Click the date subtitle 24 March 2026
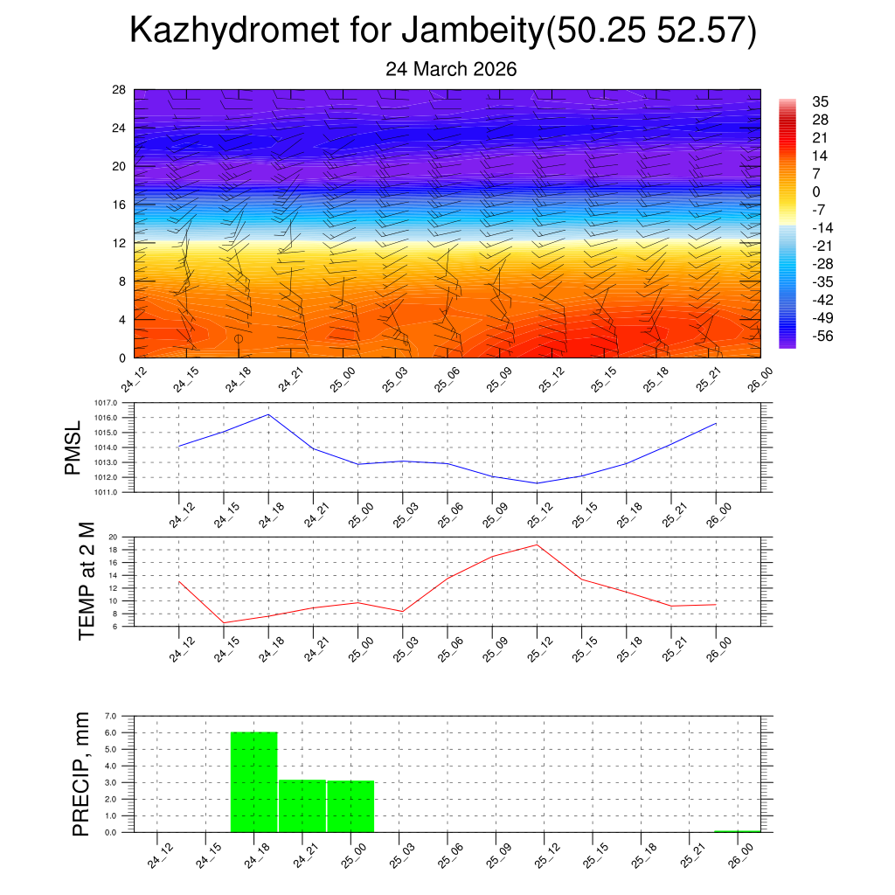pyautogui.click(x=451, y=69)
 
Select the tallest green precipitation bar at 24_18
pyautogui.click(x=253, y=782)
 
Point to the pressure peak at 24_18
pyautogui.click(x=268, y=414)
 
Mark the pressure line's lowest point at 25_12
pyautogui.click(x=537, y=483)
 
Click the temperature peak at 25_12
pyautogui.click(x=537, y=545)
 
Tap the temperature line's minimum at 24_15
pyautogui.click(x=224, y=623)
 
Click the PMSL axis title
pyautogui.click(x=74, y=447)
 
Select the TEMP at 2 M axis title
pyautogui.click(x=87, y=580)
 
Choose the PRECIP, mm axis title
pyautogui.click(x=81, y=774)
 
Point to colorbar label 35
pyautogui.click(x=820, y=101)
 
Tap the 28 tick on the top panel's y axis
pyautogui.click(x=118, y=90)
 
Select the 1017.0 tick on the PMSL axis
pyautogui.click(x=115, y=403)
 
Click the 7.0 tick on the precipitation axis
pyautogui.click(x=111, y=717)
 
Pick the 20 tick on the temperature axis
pyautogui.click(x=113, y=538)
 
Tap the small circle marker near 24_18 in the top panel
pyautogui.click(x=238, y=338)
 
